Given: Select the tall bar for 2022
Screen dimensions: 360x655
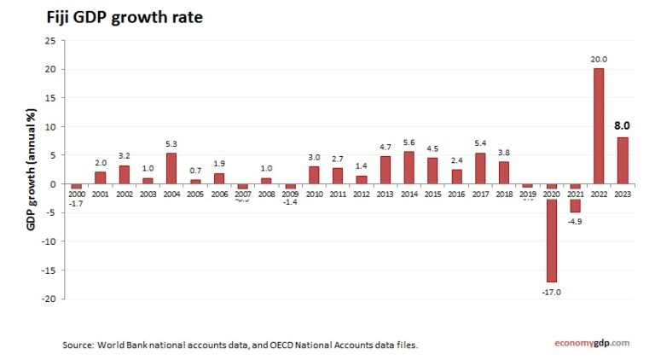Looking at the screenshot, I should click(x=599, y=126).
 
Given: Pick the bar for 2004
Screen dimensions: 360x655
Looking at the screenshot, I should click(x=171, y=168).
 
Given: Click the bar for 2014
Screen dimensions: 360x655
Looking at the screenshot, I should click(x=409, y=167).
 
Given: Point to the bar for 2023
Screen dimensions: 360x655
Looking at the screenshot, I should click(x=623, y=160).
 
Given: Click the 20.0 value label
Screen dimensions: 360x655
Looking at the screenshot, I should click(x=599, y=59).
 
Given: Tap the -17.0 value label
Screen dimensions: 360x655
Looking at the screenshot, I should click(x=552, y=292).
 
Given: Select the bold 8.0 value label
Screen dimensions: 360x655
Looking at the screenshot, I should click(x=623, y=125).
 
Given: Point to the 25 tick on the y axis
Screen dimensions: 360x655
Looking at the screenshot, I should click(x=51, y=40).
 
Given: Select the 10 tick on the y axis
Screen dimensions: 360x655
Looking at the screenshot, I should click(x=51, y=126).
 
